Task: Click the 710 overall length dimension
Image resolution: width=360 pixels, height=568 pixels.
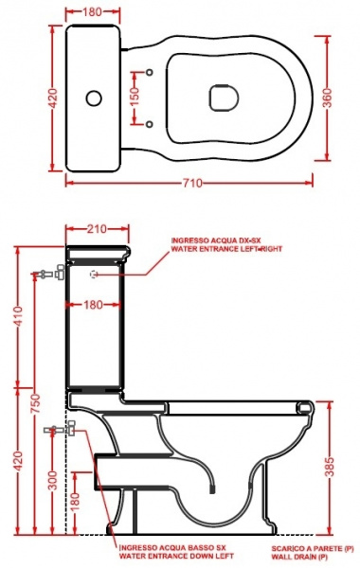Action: pos(191,183)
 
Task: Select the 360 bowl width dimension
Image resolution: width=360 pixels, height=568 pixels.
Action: pos(328,98)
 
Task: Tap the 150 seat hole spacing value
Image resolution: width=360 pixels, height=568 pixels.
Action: pos(135,98)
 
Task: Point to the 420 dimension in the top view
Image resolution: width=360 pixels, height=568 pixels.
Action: pos(53,98)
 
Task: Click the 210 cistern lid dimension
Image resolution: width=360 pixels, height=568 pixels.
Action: pos(97,228)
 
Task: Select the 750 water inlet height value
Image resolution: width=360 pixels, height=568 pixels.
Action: pos(35,404)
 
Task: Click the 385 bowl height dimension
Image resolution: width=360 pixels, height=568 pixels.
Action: pos(329,468)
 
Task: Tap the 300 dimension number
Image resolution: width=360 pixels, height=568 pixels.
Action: pos(53,480)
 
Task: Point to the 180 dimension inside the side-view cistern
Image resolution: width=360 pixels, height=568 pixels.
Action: pos(93,305)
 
